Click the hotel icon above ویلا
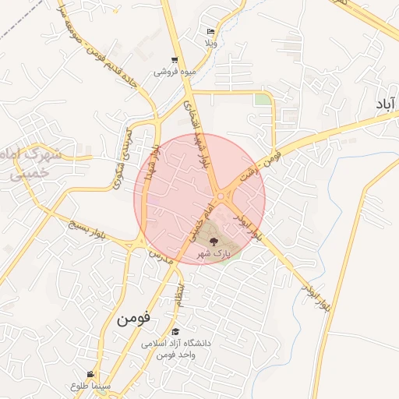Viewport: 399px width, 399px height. coord(211,32)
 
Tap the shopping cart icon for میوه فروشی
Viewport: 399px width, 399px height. coord(175,60)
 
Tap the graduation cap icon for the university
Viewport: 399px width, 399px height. coord(175,332)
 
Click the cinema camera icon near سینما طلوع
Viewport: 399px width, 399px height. coord(91,375)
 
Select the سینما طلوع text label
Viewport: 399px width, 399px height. coord(91,386)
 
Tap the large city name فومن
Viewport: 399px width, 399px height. coord(132,320)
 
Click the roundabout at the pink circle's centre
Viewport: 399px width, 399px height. coord(221,196)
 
